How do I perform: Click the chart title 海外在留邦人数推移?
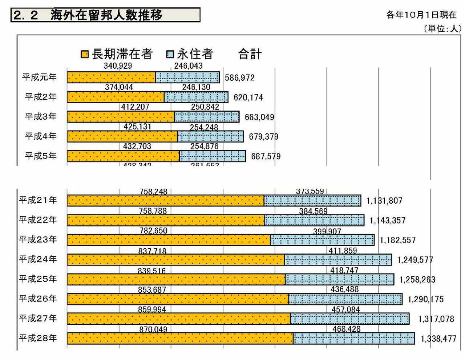pyautogui.click(x=106, y=15)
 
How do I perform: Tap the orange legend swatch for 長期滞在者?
pyautogui.click(x=84, y=55)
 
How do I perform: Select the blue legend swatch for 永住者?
pyautogui.click(x=170, y=55)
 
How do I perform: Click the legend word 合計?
pyautogui.click(x=250, y=55)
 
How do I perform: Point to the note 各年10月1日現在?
pyautogui.click(x=421, y=15)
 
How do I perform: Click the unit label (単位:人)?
pyautogui.click(x=442, y=29)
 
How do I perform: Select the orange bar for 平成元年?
pyautogui.click(x=111, y=77)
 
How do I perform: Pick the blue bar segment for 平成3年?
pyautogui.click(x=207, y=117)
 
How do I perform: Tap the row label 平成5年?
pyautogui.click(x=40, y=156)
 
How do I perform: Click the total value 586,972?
pyautogui.click(x=240, y=78)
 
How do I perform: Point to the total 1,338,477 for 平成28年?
pyautogui.click(x=438, y=339)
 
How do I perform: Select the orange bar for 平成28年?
pyautogui.click(x=180, y=339)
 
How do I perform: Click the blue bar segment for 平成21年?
pyautogui.click(x=312, y=200)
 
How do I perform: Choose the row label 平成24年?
pyautogui.click(x=38, y=259)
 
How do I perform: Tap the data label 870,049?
pyautogui.click(x=153, y=329)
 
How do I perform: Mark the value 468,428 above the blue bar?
pyautogui.click(x=346, y=329)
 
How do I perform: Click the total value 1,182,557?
pyautogui.click(x=398, y=240)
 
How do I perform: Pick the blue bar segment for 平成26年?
pyautogui.click(x=345, y=299)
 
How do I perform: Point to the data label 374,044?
pyautogui.click(x=119, y=87)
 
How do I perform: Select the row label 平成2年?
pyautogui.click(x=40, y=97)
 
